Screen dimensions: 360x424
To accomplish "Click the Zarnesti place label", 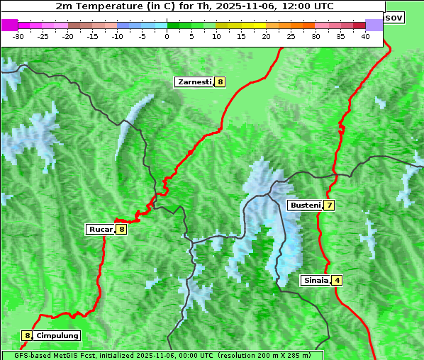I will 194,82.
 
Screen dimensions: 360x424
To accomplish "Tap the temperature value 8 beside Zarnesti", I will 221,82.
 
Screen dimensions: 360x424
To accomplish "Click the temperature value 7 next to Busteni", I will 329,206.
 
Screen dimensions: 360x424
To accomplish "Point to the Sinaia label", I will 316,280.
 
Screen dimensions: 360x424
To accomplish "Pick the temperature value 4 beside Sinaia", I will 337,280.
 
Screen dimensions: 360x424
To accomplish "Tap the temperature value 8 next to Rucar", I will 122,229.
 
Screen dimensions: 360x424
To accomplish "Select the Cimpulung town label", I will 57,335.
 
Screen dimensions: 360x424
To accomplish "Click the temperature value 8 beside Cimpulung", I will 27,335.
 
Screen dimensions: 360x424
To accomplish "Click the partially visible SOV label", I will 394,17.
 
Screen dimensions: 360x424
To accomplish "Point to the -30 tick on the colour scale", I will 18,35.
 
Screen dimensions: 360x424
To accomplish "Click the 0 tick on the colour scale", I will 167,35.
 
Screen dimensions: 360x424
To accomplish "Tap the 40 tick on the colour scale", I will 365,35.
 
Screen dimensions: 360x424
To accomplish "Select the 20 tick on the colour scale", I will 266,35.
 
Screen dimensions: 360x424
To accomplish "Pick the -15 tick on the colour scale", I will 92,35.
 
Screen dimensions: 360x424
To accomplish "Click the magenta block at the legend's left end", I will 9,25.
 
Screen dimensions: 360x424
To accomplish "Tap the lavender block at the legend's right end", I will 374,25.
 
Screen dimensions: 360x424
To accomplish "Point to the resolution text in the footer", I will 264,355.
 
